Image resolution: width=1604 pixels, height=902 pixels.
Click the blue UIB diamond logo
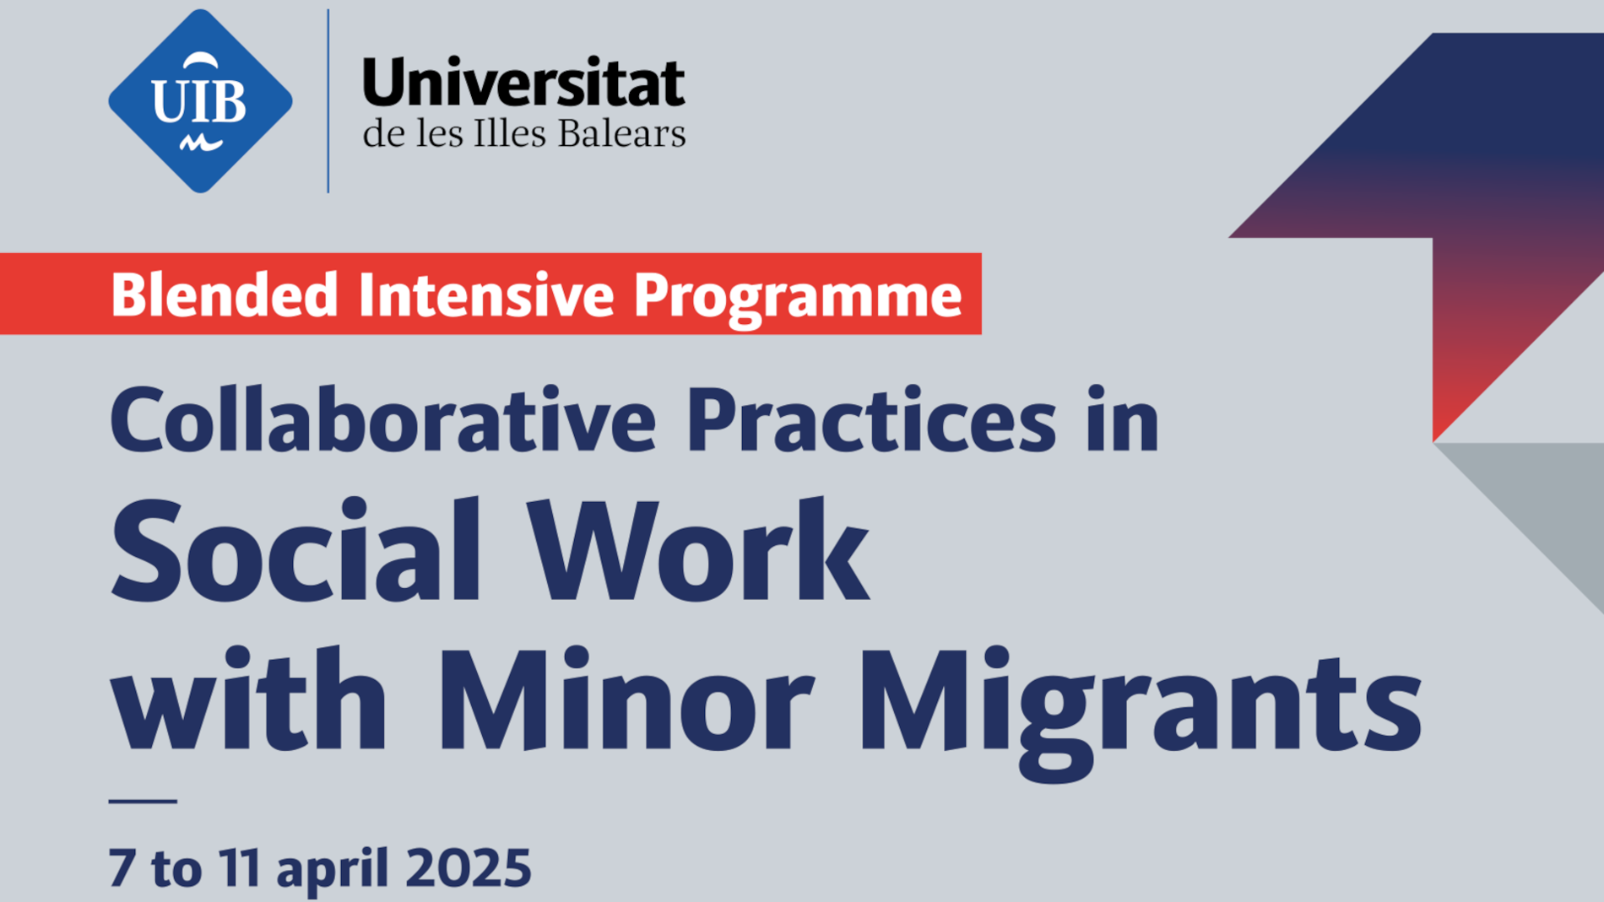[201, 101]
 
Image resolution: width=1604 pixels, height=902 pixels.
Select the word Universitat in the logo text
[523, 83]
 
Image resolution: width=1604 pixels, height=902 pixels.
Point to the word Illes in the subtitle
[511, 133]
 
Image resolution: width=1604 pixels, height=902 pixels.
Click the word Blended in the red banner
[225, 294]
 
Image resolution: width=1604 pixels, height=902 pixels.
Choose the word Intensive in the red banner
[485, 294]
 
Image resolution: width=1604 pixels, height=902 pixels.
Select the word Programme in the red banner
[798, 297]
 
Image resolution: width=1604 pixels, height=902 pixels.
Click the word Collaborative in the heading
[382, 419]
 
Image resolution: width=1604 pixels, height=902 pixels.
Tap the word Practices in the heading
[871, 419]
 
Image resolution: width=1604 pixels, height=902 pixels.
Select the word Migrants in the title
[1140, 713]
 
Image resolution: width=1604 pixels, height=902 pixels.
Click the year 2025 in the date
[469, 867]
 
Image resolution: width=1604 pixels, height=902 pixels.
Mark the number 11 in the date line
[239, 867]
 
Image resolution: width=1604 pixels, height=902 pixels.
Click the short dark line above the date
[143, 801]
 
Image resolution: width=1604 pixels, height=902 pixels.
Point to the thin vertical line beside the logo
[328, 101]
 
